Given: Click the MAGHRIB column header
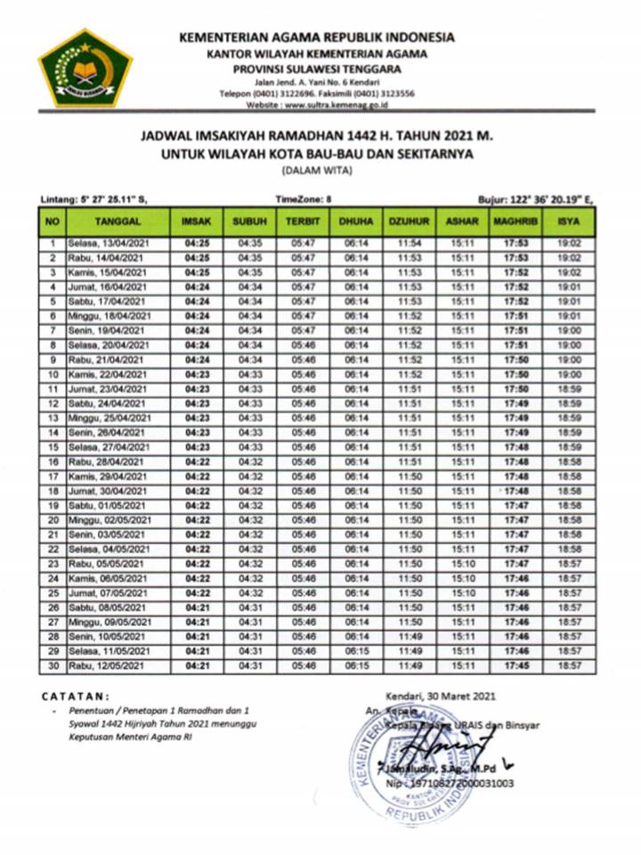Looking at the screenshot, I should pos(515,219).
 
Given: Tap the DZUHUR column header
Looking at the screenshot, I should pos(410,219).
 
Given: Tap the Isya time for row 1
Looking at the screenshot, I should pos(568,242).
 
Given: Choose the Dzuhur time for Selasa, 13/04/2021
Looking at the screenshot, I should pos(410,242).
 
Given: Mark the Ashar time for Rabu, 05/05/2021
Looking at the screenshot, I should pos(462,564).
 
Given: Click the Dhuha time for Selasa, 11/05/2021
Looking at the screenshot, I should pos(357,651).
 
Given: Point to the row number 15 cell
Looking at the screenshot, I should pos(53,447).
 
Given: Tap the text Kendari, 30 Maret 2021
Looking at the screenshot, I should pos(441,696).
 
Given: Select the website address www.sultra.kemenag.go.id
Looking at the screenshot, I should pos(335,104).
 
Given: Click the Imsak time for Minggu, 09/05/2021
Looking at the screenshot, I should pos(197,622).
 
